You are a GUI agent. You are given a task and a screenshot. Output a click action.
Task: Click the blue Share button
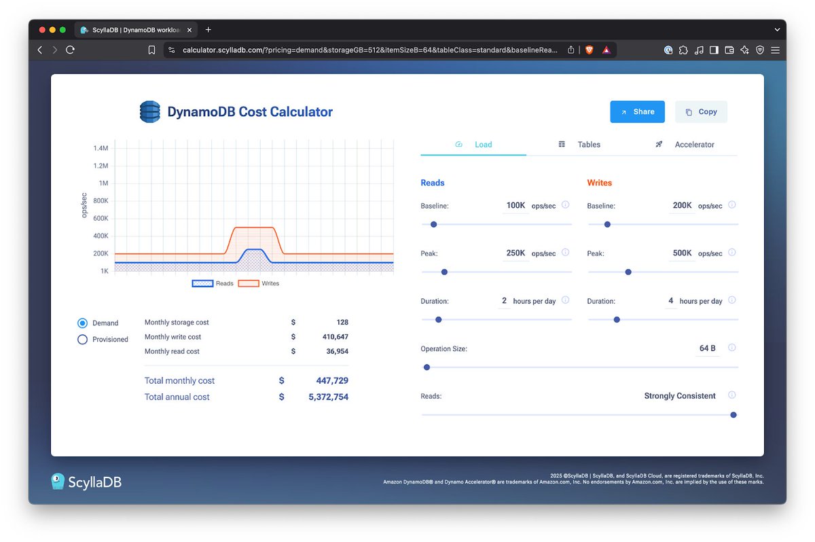(x=637, y=112)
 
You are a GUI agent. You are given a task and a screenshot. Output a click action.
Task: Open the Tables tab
(x=588, y=145)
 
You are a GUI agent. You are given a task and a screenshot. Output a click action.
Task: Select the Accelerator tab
(x=694, y=145)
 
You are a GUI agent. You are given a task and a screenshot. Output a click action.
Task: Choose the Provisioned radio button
(x=83, y=340)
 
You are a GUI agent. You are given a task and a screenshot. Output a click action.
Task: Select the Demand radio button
(x=83, y=323)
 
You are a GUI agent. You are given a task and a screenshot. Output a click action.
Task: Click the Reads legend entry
(x=213, y=283)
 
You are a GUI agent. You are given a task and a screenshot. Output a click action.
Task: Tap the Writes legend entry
(x=258, y=283)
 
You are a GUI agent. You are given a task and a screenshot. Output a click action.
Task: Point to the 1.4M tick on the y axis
(x=101, y=148)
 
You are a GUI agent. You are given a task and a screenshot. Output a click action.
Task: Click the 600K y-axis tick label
(x=101, y=218)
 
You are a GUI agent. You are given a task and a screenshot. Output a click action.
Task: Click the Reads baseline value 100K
(x=515, y=205)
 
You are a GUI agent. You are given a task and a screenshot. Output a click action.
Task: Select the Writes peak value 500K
(x=682, y=253)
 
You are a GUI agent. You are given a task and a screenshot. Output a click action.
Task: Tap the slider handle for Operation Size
(x=427, y=367)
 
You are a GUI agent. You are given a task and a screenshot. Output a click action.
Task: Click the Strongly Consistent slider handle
(x=733, y=415)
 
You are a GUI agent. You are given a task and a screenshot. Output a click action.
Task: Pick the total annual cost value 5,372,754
(x=328, y=397)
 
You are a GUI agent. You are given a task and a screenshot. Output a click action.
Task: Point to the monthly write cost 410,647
(x=335, y=337)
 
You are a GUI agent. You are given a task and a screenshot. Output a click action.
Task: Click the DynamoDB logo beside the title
(x=149, y=112)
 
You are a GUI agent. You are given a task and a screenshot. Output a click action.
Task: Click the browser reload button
(x=70, y=50)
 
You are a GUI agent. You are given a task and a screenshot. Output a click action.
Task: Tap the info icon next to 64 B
(x=731, y=348)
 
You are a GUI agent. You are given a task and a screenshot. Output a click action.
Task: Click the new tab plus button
(x=208, y=30)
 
